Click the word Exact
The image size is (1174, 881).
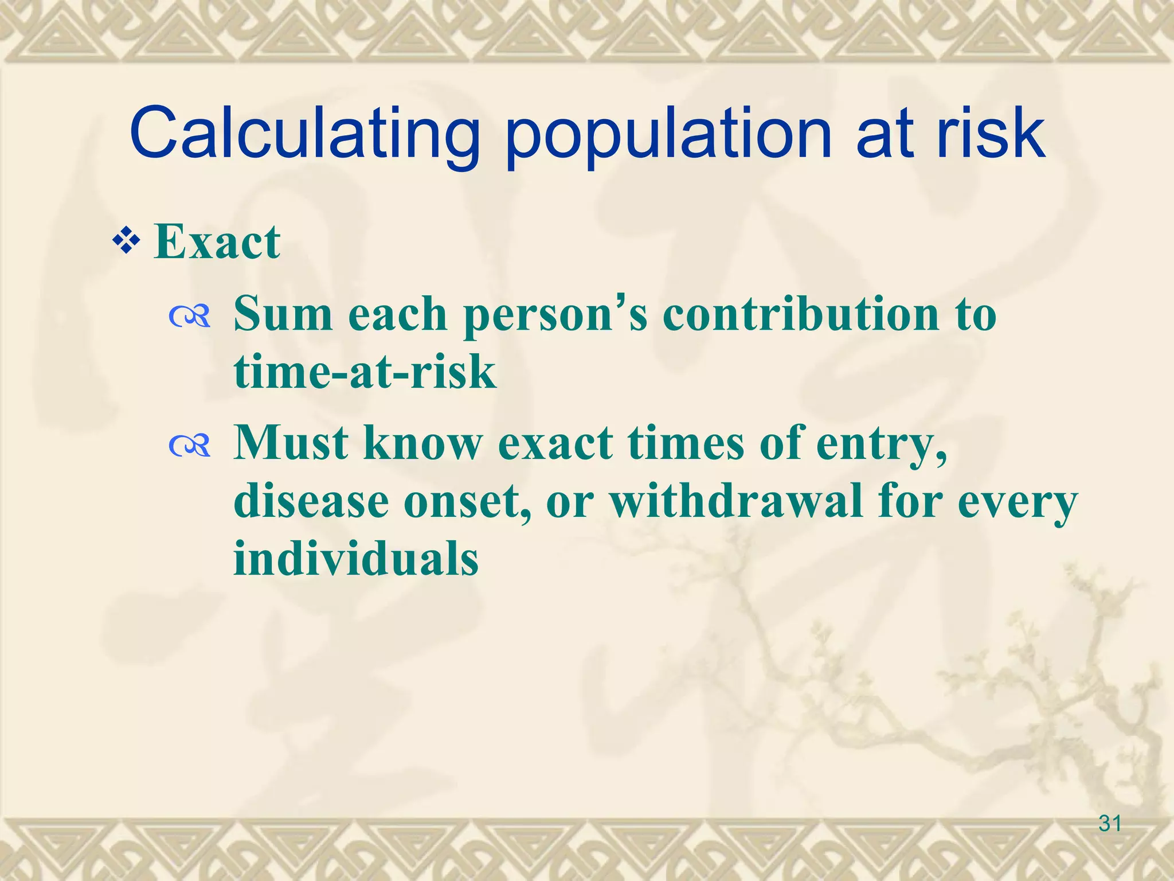tap(217, 242)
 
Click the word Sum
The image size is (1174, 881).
tap(284, 314)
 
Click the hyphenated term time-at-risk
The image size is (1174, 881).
tap(365, 372)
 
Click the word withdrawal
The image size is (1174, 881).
tap(735, 501)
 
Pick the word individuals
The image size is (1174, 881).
tap(356, 558)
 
